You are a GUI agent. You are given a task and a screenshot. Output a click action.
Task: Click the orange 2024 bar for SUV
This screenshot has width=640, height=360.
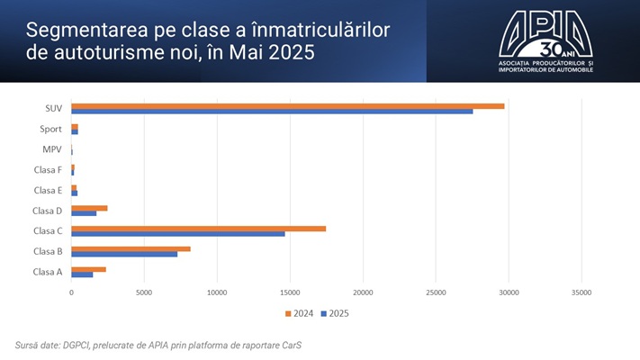[288, 105]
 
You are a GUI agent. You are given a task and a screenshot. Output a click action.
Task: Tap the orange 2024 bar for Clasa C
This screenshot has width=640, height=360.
[199, 228]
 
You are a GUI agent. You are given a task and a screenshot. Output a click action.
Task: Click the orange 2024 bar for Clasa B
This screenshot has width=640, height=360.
[131, 248]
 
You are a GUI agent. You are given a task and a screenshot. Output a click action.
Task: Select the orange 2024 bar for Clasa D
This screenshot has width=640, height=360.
[90, 208]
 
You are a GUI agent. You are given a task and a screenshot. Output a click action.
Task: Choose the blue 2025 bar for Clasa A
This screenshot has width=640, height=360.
[83, 274]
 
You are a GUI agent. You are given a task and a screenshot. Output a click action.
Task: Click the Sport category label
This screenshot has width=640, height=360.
[51, 129]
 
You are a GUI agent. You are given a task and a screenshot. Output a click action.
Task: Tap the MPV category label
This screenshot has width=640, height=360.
[52, 149]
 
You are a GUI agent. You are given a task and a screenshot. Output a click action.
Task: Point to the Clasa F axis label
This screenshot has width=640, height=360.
[48, 169]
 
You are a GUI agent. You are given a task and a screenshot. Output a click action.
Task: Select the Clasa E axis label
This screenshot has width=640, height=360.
[48, 190]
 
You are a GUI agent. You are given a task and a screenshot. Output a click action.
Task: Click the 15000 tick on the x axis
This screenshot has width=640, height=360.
[290, 292]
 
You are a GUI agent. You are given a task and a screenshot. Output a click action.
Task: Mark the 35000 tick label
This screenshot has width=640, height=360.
[582, 292]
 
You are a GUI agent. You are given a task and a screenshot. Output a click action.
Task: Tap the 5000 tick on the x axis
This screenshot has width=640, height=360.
[144, 292]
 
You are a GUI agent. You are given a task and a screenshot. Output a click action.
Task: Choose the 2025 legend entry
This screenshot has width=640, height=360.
[335, 313]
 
